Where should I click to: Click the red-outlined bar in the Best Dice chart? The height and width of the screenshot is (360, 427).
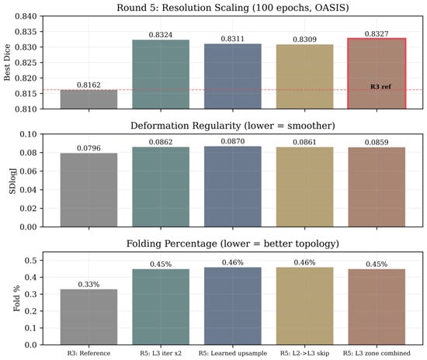[377, 74]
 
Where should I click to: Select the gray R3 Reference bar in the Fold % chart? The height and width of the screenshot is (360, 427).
[89, 317]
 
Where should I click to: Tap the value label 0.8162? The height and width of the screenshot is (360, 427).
[89, 85]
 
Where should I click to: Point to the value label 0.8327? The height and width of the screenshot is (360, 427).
[377, 33]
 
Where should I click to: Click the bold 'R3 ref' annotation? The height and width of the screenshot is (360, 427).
[380, 87]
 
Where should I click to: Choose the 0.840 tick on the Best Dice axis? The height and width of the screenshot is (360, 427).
[26, 16]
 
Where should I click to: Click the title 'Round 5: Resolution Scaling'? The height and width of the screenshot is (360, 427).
[182, 7]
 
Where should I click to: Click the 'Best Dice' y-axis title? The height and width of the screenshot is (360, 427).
[7, 62]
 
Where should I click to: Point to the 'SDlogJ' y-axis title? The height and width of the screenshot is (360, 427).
[12, 181]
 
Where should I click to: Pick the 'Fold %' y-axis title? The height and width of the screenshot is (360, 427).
[16, 298]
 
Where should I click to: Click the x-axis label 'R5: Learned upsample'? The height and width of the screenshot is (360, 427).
[233, 353]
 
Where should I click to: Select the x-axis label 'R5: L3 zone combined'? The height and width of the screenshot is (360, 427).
[377, 353]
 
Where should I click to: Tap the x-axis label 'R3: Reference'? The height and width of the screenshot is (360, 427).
[89, 353]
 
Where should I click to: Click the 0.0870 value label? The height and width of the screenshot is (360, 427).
[233, 141]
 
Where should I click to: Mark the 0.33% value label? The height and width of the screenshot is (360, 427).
[89, 285]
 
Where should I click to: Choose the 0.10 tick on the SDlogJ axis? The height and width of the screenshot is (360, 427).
[28, 134]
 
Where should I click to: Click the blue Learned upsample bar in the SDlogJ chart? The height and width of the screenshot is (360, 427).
[233, 187]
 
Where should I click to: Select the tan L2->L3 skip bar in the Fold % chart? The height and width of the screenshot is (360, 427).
[305, 306]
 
